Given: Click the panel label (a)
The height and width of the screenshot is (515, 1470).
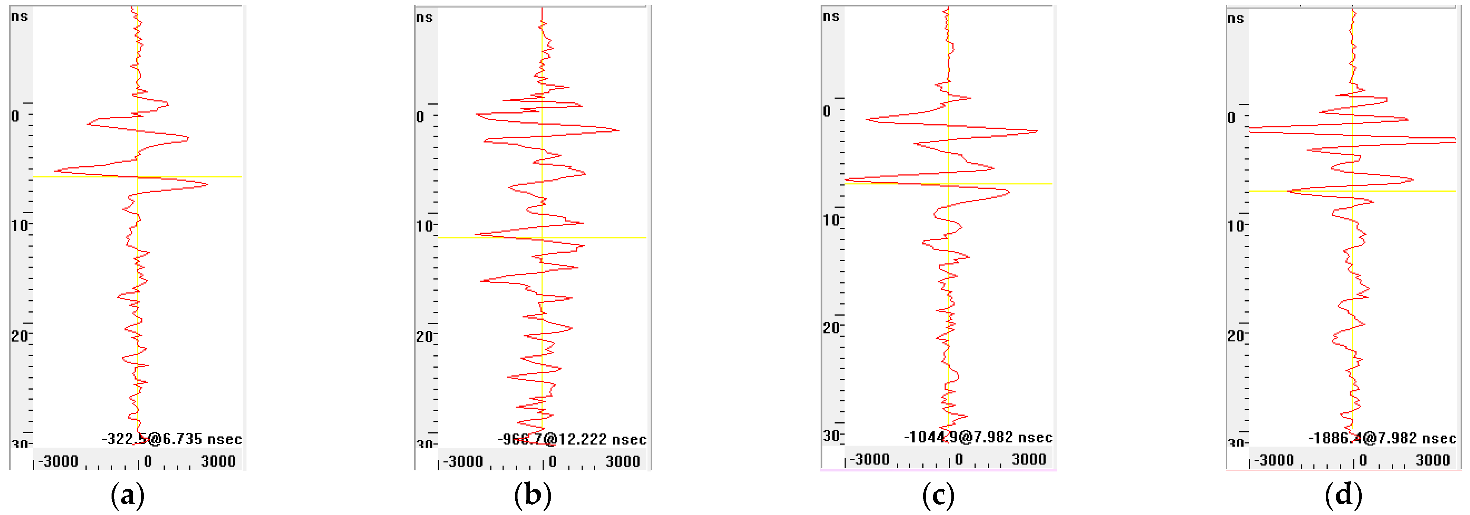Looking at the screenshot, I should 127,495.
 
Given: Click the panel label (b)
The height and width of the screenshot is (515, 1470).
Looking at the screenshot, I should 532,495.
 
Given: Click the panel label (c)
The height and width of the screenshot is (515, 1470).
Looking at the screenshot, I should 938,495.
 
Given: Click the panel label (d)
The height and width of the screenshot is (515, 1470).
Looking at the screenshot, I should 1343,495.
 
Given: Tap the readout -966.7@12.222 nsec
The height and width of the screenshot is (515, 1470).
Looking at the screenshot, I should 572,439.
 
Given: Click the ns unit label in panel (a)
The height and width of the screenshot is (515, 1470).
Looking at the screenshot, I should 19,16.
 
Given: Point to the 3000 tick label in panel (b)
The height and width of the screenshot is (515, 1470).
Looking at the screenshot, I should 623,461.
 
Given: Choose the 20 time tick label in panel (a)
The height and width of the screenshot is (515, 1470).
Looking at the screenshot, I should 19,336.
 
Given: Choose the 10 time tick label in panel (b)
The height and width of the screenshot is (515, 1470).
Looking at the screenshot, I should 424,226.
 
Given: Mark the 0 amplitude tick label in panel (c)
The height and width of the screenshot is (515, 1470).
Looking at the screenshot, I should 959,460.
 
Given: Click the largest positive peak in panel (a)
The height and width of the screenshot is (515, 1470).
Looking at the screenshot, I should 207,184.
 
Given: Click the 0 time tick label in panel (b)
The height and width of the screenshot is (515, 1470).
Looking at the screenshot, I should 420,117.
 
